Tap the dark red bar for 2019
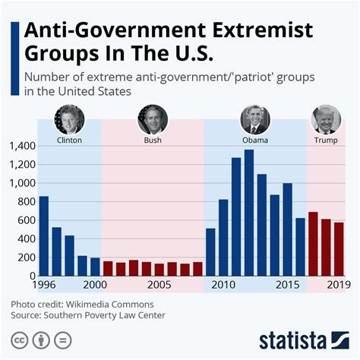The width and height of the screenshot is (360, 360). coord(339,249)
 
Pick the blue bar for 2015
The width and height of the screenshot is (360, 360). coord(288,229)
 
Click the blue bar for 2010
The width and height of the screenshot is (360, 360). coord(223,238)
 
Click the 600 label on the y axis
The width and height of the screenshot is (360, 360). coord(25,220)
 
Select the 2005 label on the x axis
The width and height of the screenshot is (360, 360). coord(159,286)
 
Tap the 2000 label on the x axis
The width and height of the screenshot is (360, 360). coord(94,286)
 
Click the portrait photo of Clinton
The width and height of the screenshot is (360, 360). coord(69,119)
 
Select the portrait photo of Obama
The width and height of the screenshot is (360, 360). coord(255,119)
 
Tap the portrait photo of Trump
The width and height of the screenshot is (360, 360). coord(327,119)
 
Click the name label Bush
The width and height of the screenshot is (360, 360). coord(153,141)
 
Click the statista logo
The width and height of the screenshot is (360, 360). coord(302,338)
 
